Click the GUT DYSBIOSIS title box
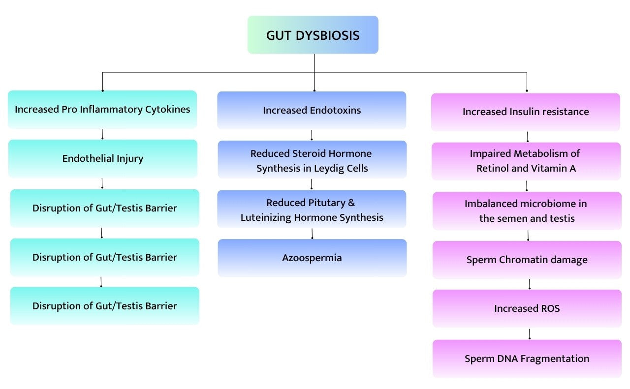click(313, 35)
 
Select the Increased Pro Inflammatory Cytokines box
click(102, 109)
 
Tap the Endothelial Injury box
click(102, 158)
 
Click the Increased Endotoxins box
click(312, 110)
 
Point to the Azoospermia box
click(312, 258)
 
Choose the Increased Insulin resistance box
click(526, 112)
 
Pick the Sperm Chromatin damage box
click(527, 260)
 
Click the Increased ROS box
click(527, 308)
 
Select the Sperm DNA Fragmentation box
click(527, 359)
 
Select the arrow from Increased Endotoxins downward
click(312, 135)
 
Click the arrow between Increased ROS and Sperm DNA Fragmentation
click(530, 334)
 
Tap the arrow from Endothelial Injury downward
click(102, 183)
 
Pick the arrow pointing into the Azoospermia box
click(312, 234)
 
